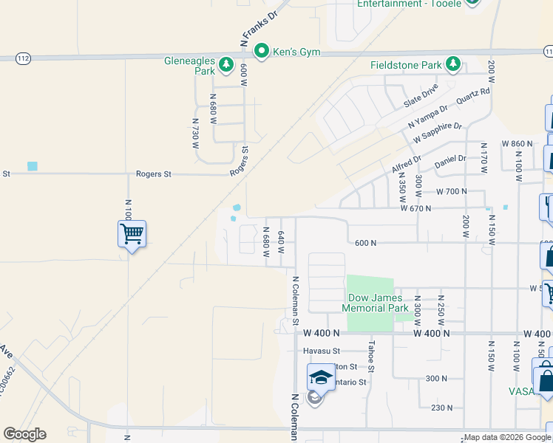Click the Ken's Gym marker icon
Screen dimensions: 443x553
(x=261, y=51)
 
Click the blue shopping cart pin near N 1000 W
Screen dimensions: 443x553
(x=132, y=235)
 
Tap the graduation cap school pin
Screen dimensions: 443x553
(x=321, y=378)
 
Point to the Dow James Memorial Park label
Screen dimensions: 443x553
(x=378, y=303)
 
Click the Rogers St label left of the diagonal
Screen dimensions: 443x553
(x=153, y=174)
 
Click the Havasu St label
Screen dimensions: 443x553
(x=321, y=351)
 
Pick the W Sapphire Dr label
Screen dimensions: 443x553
(x=437, y=133)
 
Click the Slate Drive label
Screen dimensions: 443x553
(x=421, y=95)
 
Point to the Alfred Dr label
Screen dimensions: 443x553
(x=406, y=164)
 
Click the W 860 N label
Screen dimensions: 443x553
(x=517, y=143)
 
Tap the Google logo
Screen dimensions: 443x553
(x=24, y=434)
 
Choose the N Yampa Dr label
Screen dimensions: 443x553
(x=428, y=118)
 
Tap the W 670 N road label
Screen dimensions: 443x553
(x=416, y=209)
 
